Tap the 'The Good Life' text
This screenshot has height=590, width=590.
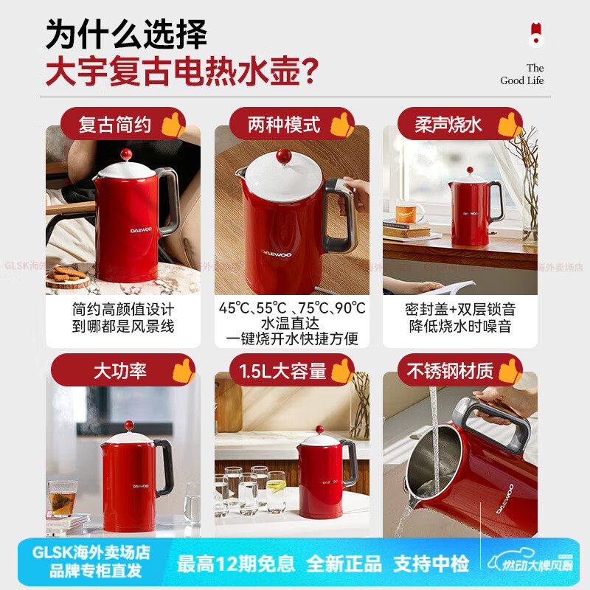522,74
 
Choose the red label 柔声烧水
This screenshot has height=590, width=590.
448,125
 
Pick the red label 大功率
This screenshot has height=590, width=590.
119,371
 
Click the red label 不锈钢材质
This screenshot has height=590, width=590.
450,371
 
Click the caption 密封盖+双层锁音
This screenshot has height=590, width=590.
459,309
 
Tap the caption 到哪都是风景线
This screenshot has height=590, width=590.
123,326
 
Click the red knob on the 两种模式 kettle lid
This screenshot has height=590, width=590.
283,156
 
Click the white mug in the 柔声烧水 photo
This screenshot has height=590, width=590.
410,211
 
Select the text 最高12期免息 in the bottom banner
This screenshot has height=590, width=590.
236,564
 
